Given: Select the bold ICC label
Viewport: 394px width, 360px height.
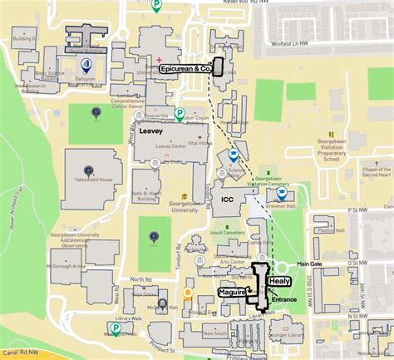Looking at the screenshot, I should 227,200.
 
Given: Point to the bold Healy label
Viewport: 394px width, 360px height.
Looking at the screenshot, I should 278,282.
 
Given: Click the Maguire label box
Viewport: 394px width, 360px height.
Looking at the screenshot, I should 232,293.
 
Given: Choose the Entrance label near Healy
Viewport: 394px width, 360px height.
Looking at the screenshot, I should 284,298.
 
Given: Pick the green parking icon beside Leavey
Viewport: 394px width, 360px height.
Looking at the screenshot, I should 180,113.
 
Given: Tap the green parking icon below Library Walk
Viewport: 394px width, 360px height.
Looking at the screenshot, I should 116,328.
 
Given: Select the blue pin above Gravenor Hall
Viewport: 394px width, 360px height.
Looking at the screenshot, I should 270,193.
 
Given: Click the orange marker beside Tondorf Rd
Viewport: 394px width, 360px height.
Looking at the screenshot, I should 189,293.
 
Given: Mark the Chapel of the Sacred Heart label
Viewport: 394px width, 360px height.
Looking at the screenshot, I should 377,173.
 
